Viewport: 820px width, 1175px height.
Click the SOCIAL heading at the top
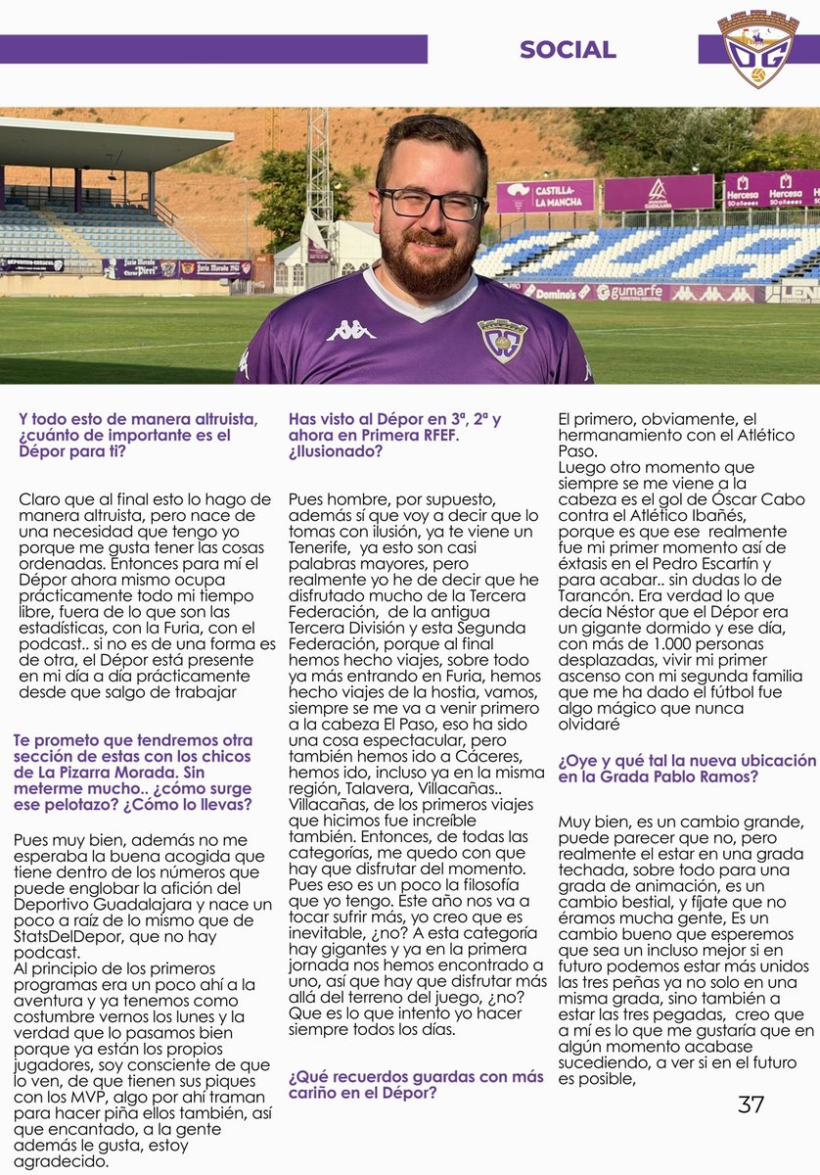(568, 50)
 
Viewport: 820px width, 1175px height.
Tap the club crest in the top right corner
(757, 49)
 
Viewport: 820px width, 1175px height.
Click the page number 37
(751, 1104)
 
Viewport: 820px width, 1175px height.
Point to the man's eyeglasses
(432, 204)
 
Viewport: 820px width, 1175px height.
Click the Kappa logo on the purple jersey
(351, 331)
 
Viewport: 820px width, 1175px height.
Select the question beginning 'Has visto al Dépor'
(394, 435)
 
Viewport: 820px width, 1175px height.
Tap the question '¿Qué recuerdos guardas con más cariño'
(416, 1084)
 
